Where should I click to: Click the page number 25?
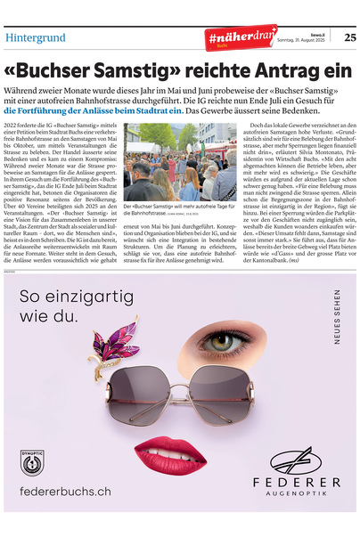[350, 37]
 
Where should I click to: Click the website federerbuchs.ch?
[66, 491]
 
